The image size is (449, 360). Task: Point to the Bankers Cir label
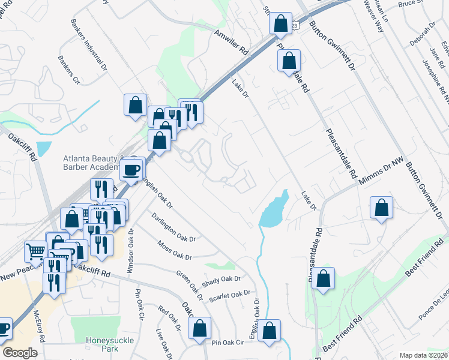pos(69,70)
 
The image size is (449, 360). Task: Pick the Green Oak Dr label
pos(190,284)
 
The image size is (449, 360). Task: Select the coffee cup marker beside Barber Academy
pos(131,169)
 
